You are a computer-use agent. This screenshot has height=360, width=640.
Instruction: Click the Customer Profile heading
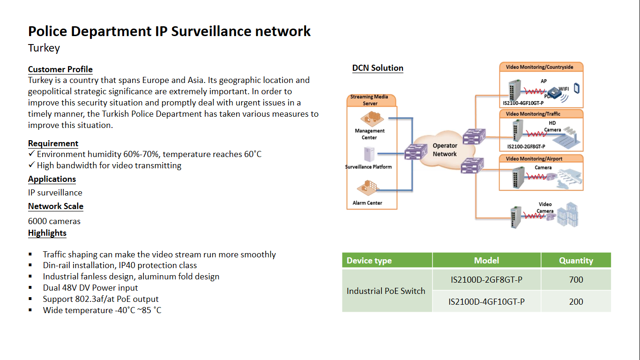[x=60, y=69]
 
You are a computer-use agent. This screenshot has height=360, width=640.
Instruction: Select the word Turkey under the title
[x=44, y=48]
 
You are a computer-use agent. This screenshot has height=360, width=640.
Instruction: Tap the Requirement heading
[x=53, y=143]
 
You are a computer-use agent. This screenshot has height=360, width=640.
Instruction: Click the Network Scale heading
[x=56, y=206]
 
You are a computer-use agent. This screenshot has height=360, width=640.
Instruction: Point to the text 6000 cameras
[x=54, y=221]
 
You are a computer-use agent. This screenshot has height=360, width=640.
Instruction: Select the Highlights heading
[x=47, y=233]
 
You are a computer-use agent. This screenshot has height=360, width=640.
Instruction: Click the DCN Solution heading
[x=378, y=68]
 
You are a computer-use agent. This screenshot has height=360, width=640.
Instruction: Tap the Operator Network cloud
[x=445, y=150]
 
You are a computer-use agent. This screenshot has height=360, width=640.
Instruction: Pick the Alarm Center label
[x=367, y=203]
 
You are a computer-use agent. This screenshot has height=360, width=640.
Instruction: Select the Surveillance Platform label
[x=368, y=167]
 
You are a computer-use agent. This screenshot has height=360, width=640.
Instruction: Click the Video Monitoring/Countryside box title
[x=539, y=67]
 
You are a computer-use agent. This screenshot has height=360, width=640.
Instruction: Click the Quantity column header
[x=576, y=261]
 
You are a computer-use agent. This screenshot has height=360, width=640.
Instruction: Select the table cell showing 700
[x=576, y=280]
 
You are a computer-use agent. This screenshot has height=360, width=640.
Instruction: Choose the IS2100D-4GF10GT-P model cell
[x=486, y=302]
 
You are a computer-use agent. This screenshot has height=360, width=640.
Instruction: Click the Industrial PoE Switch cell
[x=386, y=291]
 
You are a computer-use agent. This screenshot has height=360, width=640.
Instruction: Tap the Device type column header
[x=369, y=261]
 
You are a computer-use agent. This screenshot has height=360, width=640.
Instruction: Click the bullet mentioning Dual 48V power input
[x=90, y=288]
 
